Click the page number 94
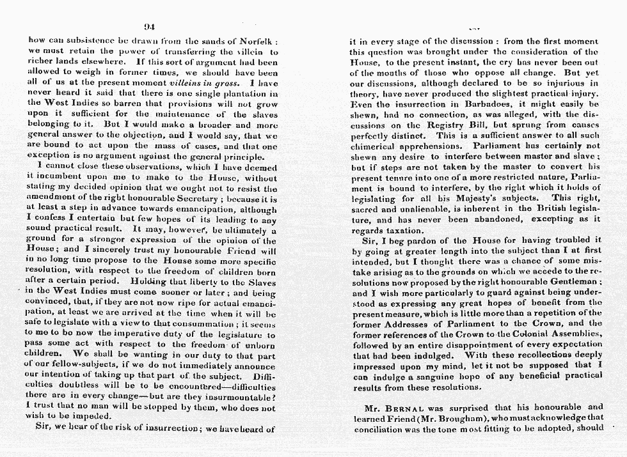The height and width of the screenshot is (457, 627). tap(150, 26)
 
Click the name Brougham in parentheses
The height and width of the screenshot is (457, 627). tap(461, 417)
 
